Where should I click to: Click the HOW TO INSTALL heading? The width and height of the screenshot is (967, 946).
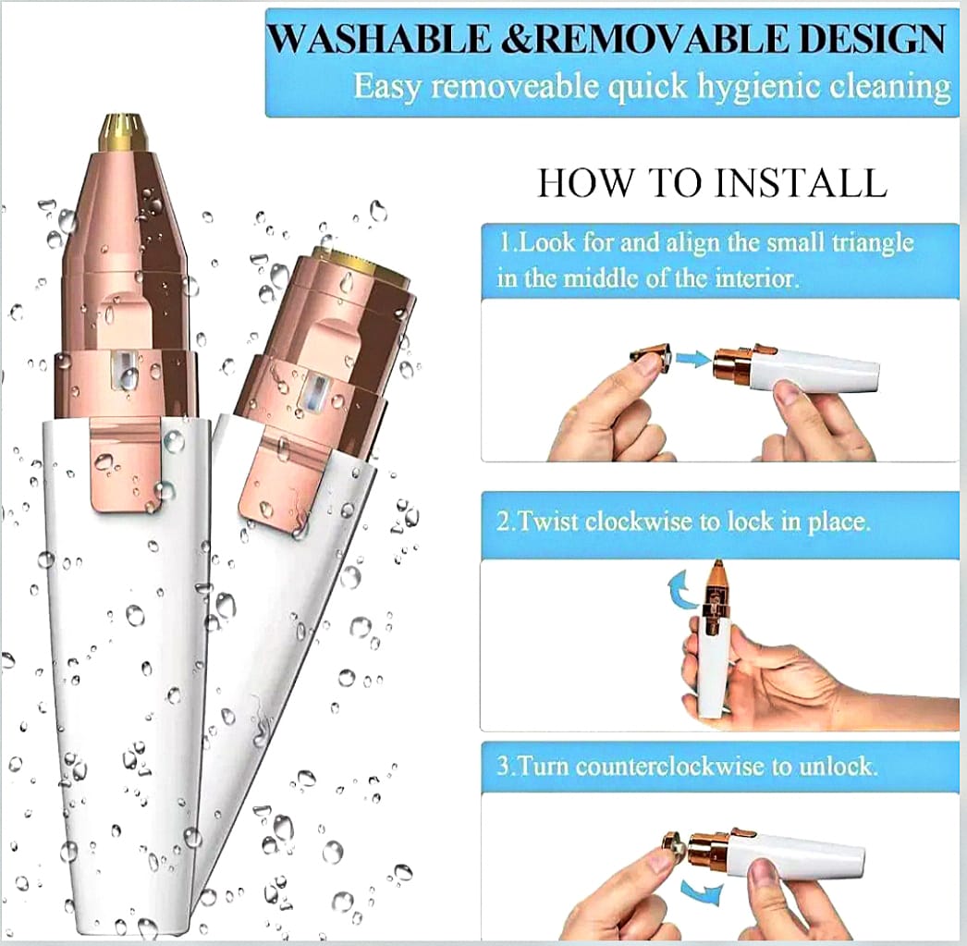[x=712, y=182]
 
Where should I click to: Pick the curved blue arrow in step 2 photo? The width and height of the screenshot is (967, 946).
[x=679, y=587]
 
